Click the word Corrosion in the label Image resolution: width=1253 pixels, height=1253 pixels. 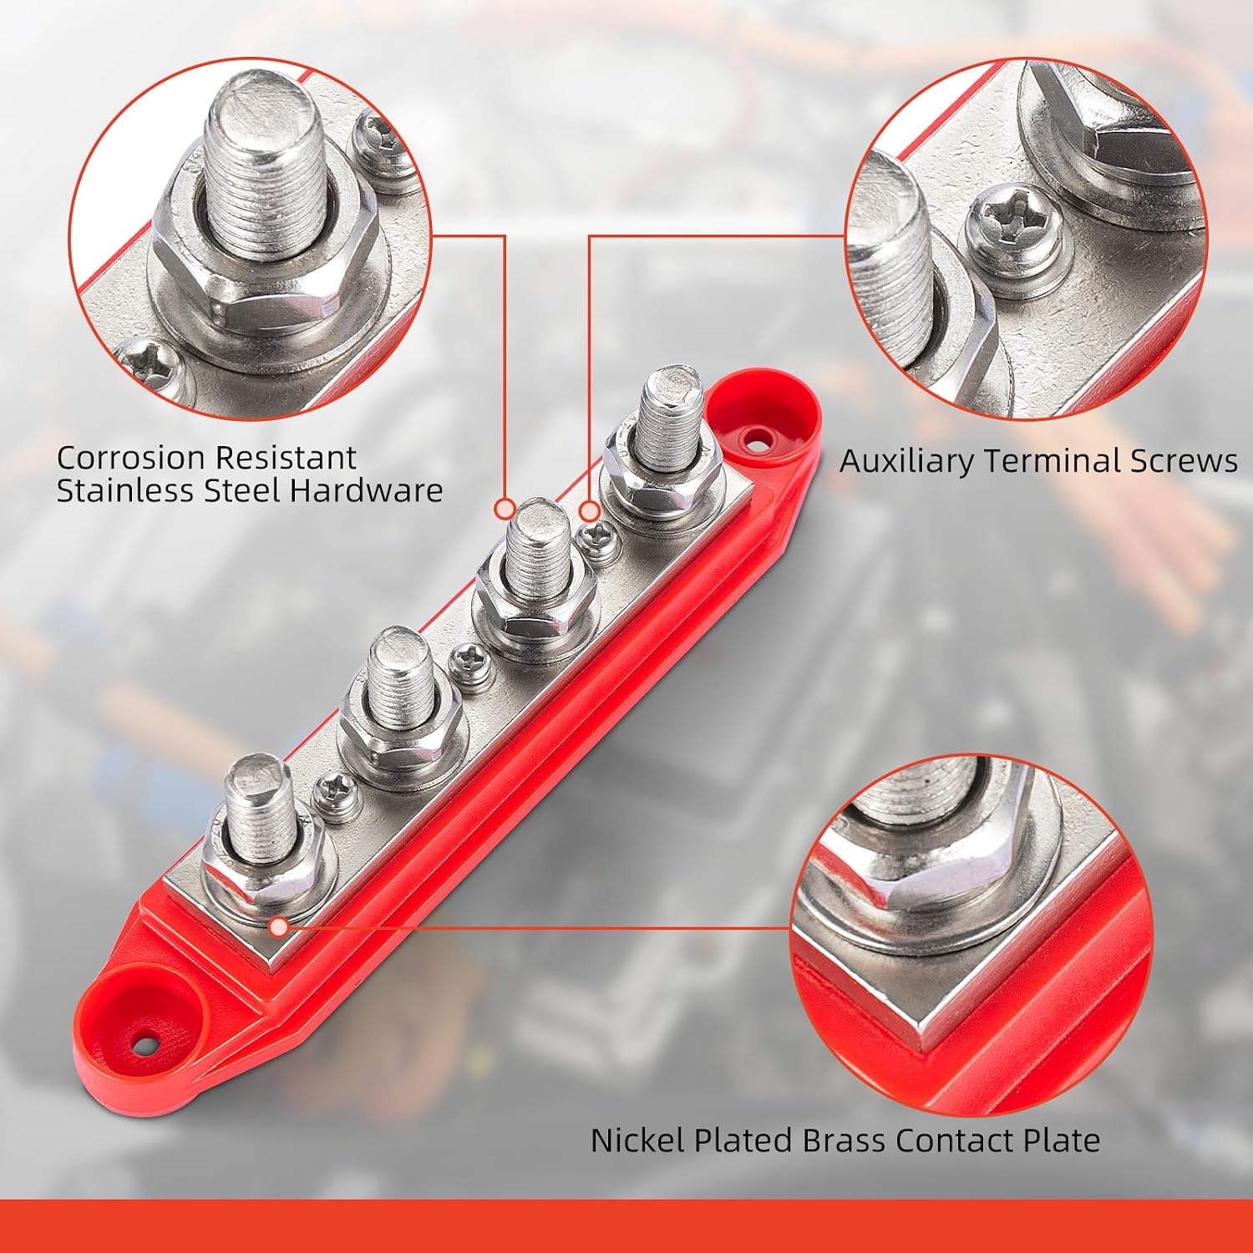point(131,458)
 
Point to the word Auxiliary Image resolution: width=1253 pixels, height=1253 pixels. point(906,461)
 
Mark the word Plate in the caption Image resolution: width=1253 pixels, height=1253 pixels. point(1062,1140)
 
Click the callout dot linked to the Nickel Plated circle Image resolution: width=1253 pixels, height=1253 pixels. point(280,926)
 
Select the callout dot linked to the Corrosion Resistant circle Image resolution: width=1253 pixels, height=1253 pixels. point(505,508)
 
